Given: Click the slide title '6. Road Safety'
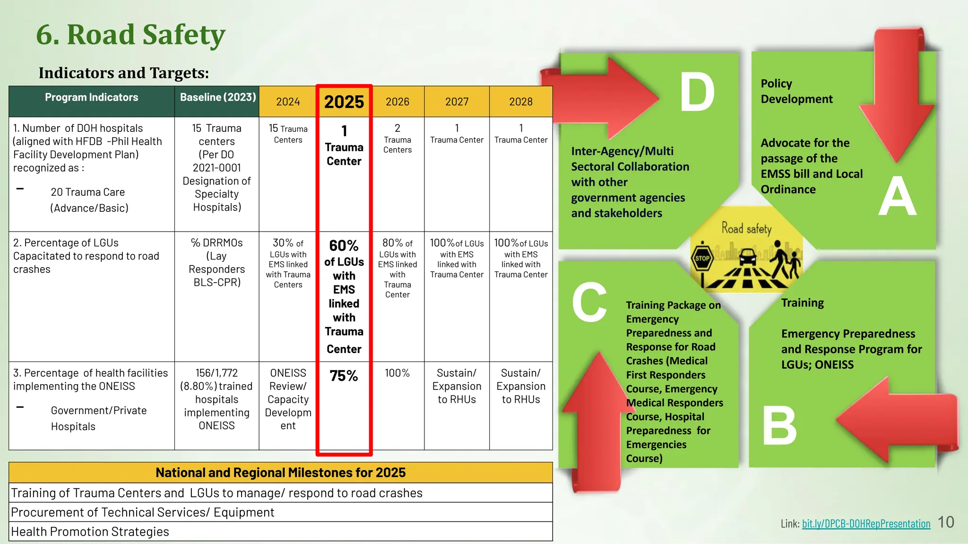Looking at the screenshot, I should coord(130,35).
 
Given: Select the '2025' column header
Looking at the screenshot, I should coord(344,102).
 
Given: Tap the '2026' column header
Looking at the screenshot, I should coord(397,102).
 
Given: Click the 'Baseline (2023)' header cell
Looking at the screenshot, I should coord(217,97).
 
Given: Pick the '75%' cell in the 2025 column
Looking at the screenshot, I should coord(344,376).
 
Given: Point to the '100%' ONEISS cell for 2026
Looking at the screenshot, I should coord(397,373).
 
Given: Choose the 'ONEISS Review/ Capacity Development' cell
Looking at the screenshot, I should coord(288,399).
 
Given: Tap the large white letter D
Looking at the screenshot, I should coord(697,93).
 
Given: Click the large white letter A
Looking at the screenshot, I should coord(897,197).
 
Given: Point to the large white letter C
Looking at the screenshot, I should coord(589,302).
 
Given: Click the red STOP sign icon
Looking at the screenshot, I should coord(702,258).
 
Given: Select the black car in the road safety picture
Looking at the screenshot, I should coord(747,258).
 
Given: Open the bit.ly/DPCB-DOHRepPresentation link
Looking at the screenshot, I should coord(866,524).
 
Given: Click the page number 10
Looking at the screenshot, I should coord(946,522).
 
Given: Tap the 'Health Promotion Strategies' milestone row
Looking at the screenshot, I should coord(90,532).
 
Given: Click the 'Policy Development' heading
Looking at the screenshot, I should coord(796,91).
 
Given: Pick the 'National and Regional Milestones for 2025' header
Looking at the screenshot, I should coord(280,473).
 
